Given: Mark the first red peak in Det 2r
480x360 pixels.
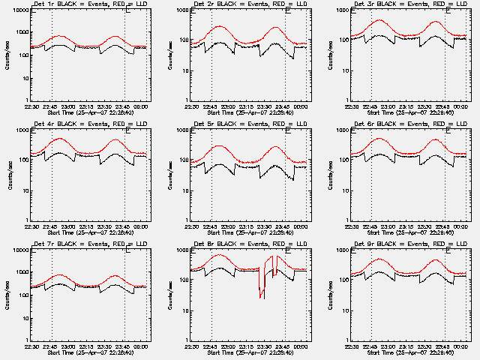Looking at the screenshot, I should click(219, 26).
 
